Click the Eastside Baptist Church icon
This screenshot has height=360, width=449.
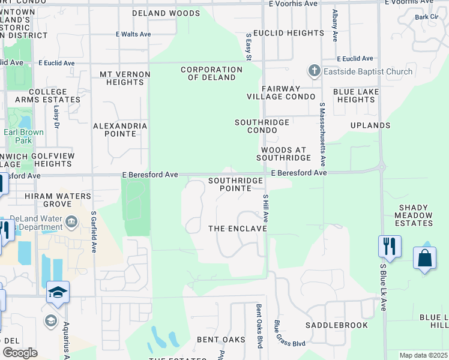point(314,71)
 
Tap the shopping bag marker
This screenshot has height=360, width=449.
point(424,258)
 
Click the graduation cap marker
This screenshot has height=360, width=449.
point(58,292)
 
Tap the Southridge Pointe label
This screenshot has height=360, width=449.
point(235,184)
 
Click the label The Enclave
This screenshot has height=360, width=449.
point(237,229)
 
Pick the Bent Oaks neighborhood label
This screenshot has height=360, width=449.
point(221,340)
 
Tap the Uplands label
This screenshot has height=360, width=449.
point(371,125)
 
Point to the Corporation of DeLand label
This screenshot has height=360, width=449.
point(212,73)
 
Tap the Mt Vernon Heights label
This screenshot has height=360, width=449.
point(121,78)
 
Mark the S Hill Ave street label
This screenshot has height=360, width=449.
point(265,208)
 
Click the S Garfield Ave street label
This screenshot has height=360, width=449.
point(94,231)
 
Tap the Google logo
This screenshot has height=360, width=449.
point(20,353)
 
